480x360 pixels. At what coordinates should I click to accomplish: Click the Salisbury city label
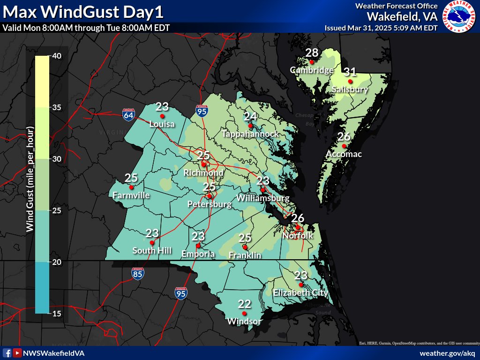point(350,89)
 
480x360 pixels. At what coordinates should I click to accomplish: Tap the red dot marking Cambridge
point(311,62)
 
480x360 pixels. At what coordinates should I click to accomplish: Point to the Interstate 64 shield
point(127,114)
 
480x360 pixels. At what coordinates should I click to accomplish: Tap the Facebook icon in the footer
point(7,353)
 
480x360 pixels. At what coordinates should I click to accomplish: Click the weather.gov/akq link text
point(447,353)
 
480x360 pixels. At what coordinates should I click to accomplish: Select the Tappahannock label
point(250,134)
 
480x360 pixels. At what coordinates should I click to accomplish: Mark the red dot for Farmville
point(131,187)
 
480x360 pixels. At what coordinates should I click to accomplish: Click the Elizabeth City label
point(300,292)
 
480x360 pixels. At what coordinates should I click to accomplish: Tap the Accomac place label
point(344,154)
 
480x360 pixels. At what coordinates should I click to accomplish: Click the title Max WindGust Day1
point(85,11)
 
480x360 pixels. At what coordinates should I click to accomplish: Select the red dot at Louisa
point(162,116)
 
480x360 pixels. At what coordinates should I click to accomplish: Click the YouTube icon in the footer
point(17,353)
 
